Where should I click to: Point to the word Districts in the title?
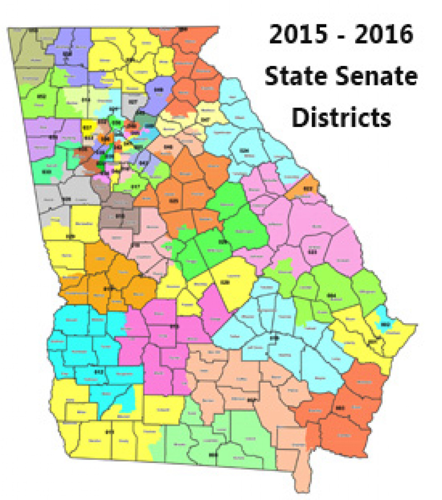(341, 117)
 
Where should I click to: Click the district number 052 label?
(41, 97)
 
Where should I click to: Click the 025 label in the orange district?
(173, 200)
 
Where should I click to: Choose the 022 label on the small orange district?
(308, 187)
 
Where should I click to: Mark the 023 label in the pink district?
(313, 252)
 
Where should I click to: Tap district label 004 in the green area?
(332, 295)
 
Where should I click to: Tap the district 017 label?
(136, 186)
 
